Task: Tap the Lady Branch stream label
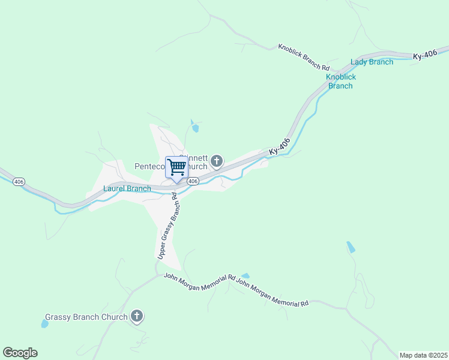tap(372, 62)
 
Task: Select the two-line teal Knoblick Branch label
tap(341, 81)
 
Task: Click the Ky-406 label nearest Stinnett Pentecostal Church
tap(280, 148)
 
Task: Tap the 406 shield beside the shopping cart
tap(192, 181)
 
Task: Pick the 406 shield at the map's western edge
tap(19, 181)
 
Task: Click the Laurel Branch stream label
tap(127, 188)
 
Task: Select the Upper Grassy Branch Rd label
tap(168, 226)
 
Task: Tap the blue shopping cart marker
tap(177, 168)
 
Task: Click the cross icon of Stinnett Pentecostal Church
tap(217, 161)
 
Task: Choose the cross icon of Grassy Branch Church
tap(137, 316)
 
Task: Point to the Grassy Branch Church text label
tap(86, 317)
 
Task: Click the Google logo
tap(20, 353)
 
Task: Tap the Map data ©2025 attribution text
tap(423, 355)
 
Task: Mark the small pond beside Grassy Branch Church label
tap(44, 324)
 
